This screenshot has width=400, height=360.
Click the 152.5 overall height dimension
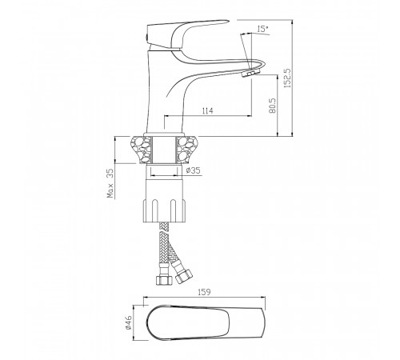point(287,78)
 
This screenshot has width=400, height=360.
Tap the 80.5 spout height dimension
point(273,106)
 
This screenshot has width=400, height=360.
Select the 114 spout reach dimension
point(208,110)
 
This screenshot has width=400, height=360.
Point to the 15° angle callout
point(263,29)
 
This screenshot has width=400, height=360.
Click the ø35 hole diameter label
point(194,170)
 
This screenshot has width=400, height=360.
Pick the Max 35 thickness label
point(110,183)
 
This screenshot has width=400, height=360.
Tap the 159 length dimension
point(204,292)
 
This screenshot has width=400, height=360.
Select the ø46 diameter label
point(129,322)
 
